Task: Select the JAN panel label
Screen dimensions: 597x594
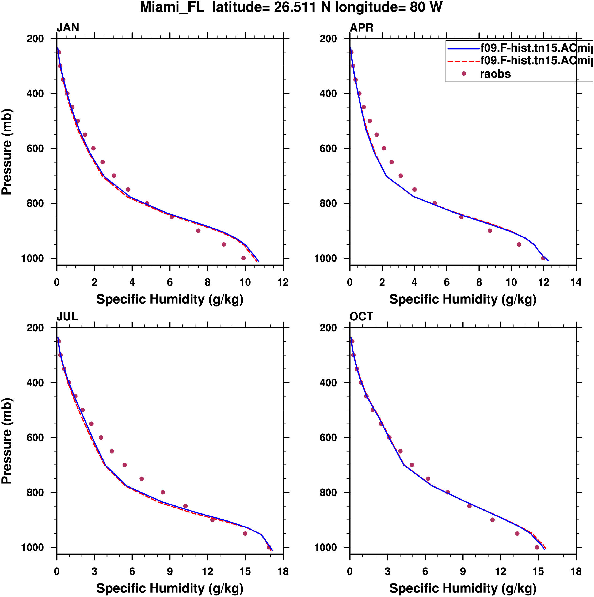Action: tap(68, 28)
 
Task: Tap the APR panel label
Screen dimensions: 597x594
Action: tap(361, 28)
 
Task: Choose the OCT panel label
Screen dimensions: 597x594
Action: tap(361, 317)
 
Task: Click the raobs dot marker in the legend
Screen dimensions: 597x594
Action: tap(464, 74)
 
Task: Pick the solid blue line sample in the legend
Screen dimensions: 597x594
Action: tap(464, 48)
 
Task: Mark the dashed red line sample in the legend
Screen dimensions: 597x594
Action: tap(464, 61)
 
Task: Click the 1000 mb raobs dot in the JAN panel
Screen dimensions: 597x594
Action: tap(243, 258)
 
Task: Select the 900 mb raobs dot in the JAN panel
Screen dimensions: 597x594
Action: tap(198, 231)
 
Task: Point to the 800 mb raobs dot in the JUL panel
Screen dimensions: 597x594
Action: tap(163, 493)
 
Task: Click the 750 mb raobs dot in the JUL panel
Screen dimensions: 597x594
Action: tap(142, 479)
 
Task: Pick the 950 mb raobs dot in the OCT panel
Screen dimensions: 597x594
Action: tap(517, 534)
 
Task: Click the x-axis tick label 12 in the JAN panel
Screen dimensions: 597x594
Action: tap(283, 282)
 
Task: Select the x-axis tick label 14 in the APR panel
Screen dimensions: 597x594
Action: tap(576, 282)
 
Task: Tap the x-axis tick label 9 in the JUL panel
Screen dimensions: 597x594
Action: tap(170, 572)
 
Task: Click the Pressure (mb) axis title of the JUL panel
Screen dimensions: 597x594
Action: tap(7, 441)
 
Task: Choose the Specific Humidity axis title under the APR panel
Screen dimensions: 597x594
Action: tap(463, 299)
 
